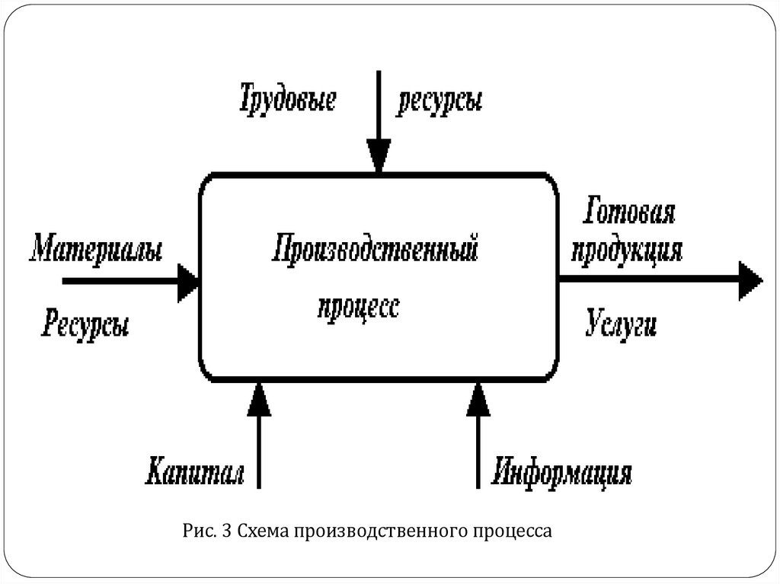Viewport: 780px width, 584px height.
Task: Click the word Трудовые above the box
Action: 288,101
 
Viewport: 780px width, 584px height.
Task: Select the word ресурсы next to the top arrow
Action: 440,103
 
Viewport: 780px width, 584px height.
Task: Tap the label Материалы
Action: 96,250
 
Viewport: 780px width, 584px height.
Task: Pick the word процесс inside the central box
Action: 358,308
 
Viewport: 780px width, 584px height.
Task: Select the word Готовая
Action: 629,214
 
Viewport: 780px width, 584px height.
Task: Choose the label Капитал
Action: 195,472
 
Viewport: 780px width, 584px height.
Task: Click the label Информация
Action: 562,472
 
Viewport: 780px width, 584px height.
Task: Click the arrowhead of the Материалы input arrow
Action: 187,282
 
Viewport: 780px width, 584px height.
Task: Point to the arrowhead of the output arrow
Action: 750,280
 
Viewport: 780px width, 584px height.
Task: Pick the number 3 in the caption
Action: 225,531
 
